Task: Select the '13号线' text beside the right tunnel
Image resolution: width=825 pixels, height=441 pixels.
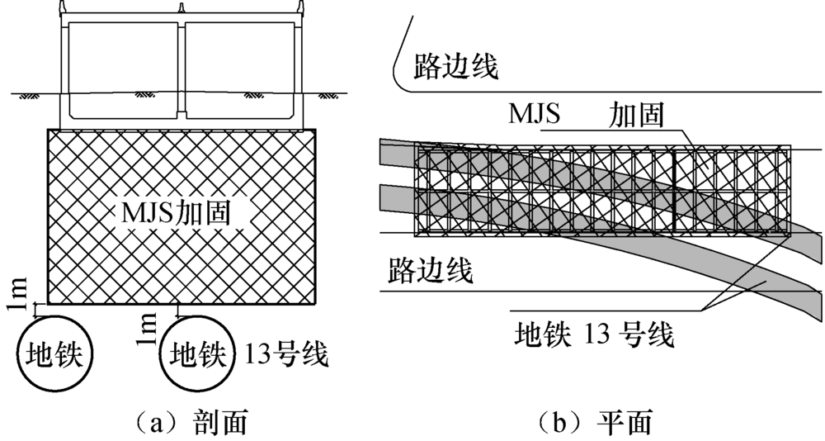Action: (285, 354)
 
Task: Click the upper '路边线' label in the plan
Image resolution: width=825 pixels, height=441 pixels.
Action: (455, 65)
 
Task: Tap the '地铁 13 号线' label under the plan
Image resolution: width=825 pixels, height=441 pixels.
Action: (594, 334)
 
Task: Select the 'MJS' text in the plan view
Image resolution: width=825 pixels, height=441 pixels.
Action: (534, 113)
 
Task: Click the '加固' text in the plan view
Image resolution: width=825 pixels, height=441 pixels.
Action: (636, 114)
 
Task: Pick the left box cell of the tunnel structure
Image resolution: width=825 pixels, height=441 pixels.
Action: (123, 69)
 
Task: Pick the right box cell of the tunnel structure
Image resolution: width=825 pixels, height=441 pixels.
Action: (240, 69)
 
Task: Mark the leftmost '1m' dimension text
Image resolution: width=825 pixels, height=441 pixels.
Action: (20, 292)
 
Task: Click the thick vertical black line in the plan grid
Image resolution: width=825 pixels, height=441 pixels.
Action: (673, 192)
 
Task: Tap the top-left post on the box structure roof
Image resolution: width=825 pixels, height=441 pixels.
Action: (63, 7)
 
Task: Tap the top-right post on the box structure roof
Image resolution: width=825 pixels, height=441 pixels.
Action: (301, 7)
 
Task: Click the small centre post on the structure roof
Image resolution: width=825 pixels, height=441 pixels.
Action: (181, 8)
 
